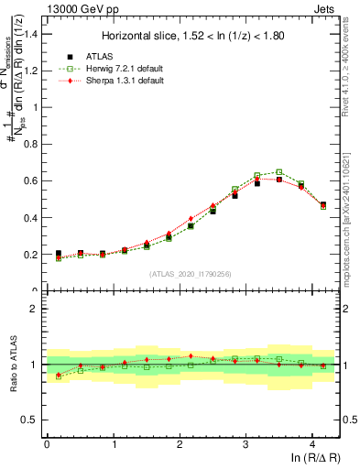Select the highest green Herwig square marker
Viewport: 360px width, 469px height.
click(278, 172)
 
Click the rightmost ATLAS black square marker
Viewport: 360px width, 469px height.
click(323, 205)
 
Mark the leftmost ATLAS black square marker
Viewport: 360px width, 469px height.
click(59, 254)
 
